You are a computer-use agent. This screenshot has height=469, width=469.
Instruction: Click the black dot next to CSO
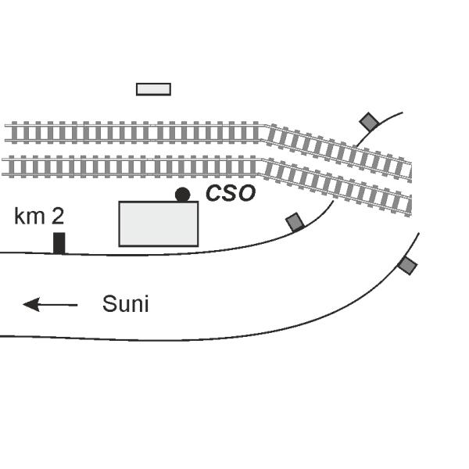coord(182,195)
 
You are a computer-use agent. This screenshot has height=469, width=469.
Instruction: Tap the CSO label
coord(230,193)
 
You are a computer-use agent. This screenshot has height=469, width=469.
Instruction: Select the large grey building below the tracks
coord(158,224)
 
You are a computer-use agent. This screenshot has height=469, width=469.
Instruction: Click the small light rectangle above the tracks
coord(153,89)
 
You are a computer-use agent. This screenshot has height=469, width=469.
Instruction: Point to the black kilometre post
coord(59,242)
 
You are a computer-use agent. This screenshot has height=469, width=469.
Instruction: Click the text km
coord(30,217)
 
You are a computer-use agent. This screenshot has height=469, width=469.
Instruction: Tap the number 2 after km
coord(58,217)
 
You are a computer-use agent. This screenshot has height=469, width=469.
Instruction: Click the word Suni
coord(125,304)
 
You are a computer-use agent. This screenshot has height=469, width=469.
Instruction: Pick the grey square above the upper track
coord(369,122)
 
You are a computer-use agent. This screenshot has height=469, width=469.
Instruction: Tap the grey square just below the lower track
coord(295,222)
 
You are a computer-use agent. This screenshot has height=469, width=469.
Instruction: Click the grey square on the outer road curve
coord(406,265)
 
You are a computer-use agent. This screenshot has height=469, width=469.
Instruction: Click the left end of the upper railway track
coord(7,133)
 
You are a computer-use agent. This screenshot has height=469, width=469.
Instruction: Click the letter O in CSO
coord(246,193)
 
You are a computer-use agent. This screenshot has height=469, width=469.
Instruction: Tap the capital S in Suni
coord(109,304)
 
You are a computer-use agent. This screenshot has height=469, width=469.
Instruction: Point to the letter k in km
coord(19,217)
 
